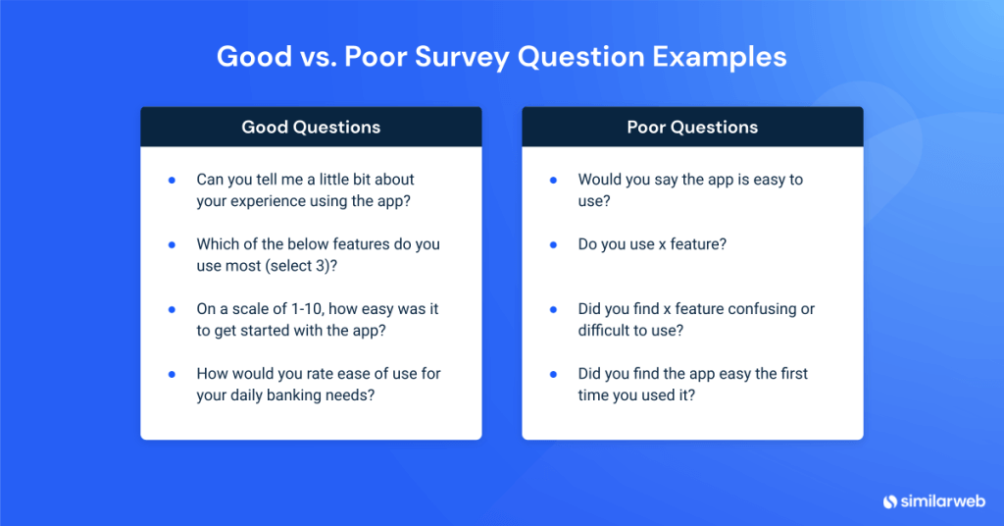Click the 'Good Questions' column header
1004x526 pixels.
[x=311, y=127]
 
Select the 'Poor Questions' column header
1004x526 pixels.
[x=692, y=127]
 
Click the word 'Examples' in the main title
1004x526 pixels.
[x=720, y=57]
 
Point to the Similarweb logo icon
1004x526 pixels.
[x=890, y=501]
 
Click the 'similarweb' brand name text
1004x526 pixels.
[x=943, y=501]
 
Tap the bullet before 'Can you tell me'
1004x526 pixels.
[x=172, y=180]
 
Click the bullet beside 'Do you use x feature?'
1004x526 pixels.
[x=553, y=244]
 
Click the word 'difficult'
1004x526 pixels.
[x=600, y=331]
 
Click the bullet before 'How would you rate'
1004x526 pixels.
[x=172, y=374]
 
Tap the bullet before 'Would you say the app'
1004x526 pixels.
[x=553, y=180]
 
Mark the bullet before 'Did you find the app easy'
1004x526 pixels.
[x=553, y=374]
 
